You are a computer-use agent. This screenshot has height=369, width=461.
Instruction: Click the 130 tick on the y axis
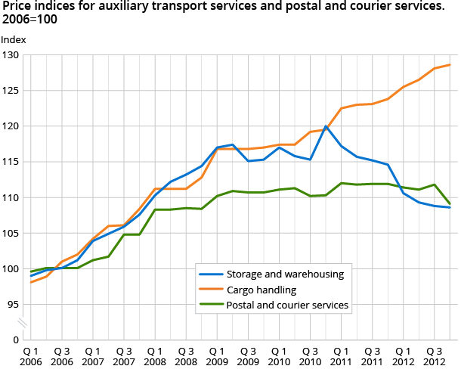12,55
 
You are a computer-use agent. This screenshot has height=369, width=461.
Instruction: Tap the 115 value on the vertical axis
12,162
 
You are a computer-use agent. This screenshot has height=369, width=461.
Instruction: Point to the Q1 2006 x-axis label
31,356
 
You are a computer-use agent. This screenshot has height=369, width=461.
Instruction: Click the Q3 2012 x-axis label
435,356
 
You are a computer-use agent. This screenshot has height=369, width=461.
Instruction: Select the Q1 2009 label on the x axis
218,356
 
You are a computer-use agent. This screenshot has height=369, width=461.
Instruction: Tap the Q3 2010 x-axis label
311,356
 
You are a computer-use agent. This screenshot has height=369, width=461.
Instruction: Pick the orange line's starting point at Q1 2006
31,282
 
